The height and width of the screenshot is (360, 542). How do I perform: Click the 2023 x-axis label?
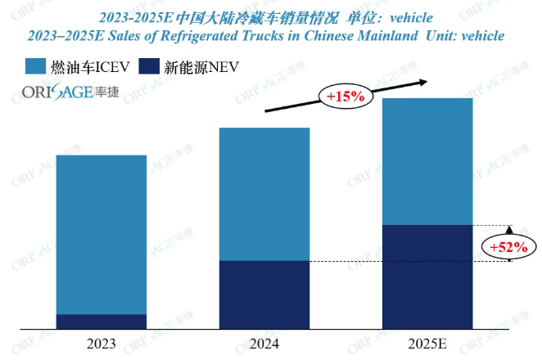(x=102, y=344)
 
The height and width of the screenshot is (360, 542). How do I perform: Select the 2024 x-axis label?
(x=264, y=344)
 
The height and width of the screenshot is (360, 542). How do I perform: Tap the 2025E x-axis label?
(x=427, y=344)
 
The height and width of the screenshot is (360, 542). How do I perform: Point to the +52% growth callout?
(x=508, y=246)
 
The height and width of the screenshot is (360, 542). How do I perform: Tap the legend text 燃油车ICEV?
(x=92, y=67)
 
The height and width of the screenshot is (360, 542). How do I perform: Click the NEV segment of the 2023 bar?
(x=102, y=322)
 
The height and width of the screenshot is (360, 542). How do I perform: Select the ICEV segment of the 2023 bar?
(x=102, y=234)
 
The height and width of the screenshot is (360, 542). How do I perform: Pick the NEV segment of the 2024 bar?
(x=264, y=295)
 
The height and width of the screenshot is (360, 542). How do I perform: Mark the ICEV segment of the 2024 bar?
(x=264, y=194)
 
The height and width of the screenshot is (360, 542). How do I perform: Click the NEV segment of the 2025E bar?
(x=427, y=277)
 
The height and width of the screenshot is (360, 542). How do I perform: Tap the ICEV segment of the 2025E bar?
(x=427, y=161)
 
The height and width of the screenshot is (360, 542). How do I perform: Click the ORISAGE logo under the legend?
(x=70, y=92)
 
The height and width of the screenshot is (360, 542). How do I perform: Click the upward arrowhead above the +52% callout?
(x=508, y=230)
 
